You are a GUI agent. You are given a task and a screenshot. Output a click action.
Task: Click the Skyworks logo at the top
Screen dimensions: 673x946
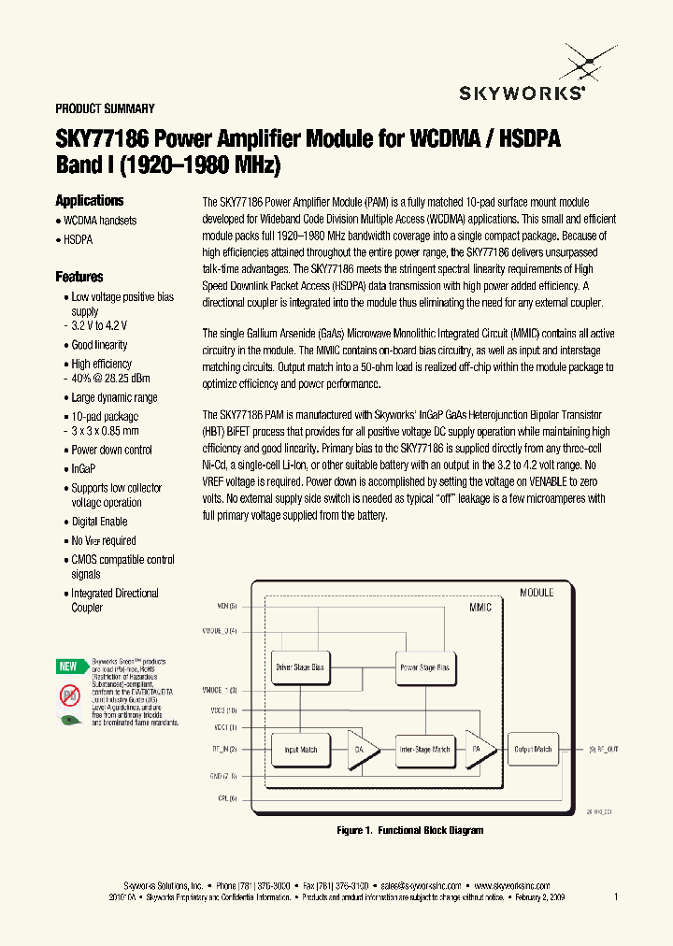(x=523, y=79)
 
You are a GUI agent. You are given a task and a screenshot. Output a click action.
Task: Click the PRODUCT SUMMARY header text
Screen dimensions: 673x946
(x=105, y=108)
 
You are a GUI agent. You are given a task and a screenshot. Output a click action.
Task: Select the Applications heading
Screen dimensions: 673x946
(x=90, y=201)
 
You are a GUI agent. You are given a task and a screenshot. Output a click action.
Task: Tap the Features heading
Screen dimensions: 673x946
(x=79, y=277)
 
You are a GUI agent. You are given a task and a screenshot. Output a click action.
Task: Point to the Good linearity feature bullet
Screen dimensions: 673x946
(x=99, y=345)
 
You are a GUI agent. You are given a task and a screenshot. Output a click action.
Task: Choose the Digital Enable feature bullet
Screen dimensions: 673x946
(x=99, y=522)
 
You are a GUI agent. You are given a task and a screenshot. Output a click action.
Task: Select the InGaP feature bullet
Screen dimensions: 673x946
(x=84, y=468)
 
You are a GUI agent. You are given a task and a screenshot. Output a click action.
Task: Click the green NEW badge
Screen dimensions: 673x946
(x=68, y=666)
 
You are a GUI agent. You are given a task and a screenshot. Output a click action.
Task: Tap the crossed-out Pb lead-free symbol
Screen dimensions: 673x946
(x=68, y=694)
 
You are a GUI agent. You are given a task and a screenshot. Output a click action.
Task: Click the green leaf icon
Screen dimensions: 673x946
(x=68, y=720)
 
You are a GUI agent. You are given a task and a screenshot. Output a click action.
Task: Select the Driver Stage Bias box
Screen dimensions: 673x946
(x=300, y=667)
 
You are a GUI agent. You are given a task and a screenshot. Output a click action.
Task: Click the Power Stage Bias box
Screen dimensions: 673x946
(x=424, y=667)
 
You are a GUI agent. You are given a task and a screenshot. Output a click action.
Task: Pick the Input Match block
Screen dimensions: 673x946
(x=300, y=749)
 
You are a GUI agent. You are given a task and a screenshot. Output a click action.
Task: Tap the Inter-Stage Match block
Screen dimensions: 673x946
(x=424, y=749)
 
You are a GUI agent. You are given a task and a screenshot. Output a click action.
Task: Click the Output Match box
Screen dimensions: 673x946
(x=534, y=749)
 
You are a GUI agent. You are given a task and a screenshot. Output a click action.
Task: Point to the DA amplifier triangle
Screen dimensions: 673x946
(x=363, y=749)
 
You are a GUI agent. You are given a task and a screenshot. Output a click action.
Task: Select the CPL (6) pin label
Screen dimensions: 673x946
(x=227, y=797)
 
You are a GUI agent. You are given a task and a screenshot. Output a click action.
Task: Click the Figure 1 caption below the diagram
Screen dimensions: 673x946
(x=409, y=830)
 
